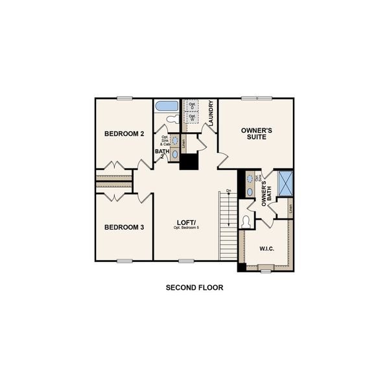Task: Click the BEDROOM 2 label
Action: click(x=124, y=134)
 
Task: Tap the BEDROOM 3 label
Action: click(x=124, y=227)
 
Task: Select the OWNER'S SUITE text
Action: click(x=257, y=134)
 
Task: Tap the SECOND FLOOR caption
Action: click(x=194, y=287)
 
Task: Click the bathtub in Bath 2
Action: click(x=167, y=106)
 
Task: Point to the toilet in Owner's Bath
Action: click(x=246, y=221)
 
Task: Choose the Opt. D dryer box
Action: click(x=193, y=106)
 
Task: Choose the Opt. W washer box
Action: click(x=193, y=118)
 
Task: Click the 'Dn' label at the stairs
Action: click(x=229, y=191)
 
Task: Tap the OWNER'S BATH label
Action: click(x=265, y=193)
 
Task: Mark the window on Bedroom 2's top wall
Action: click(x=125, y=98)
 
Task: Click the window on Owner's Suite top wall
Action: click(x=257, y=98)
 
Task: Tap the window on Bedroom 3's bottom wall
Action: click(x=125, y=261)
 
